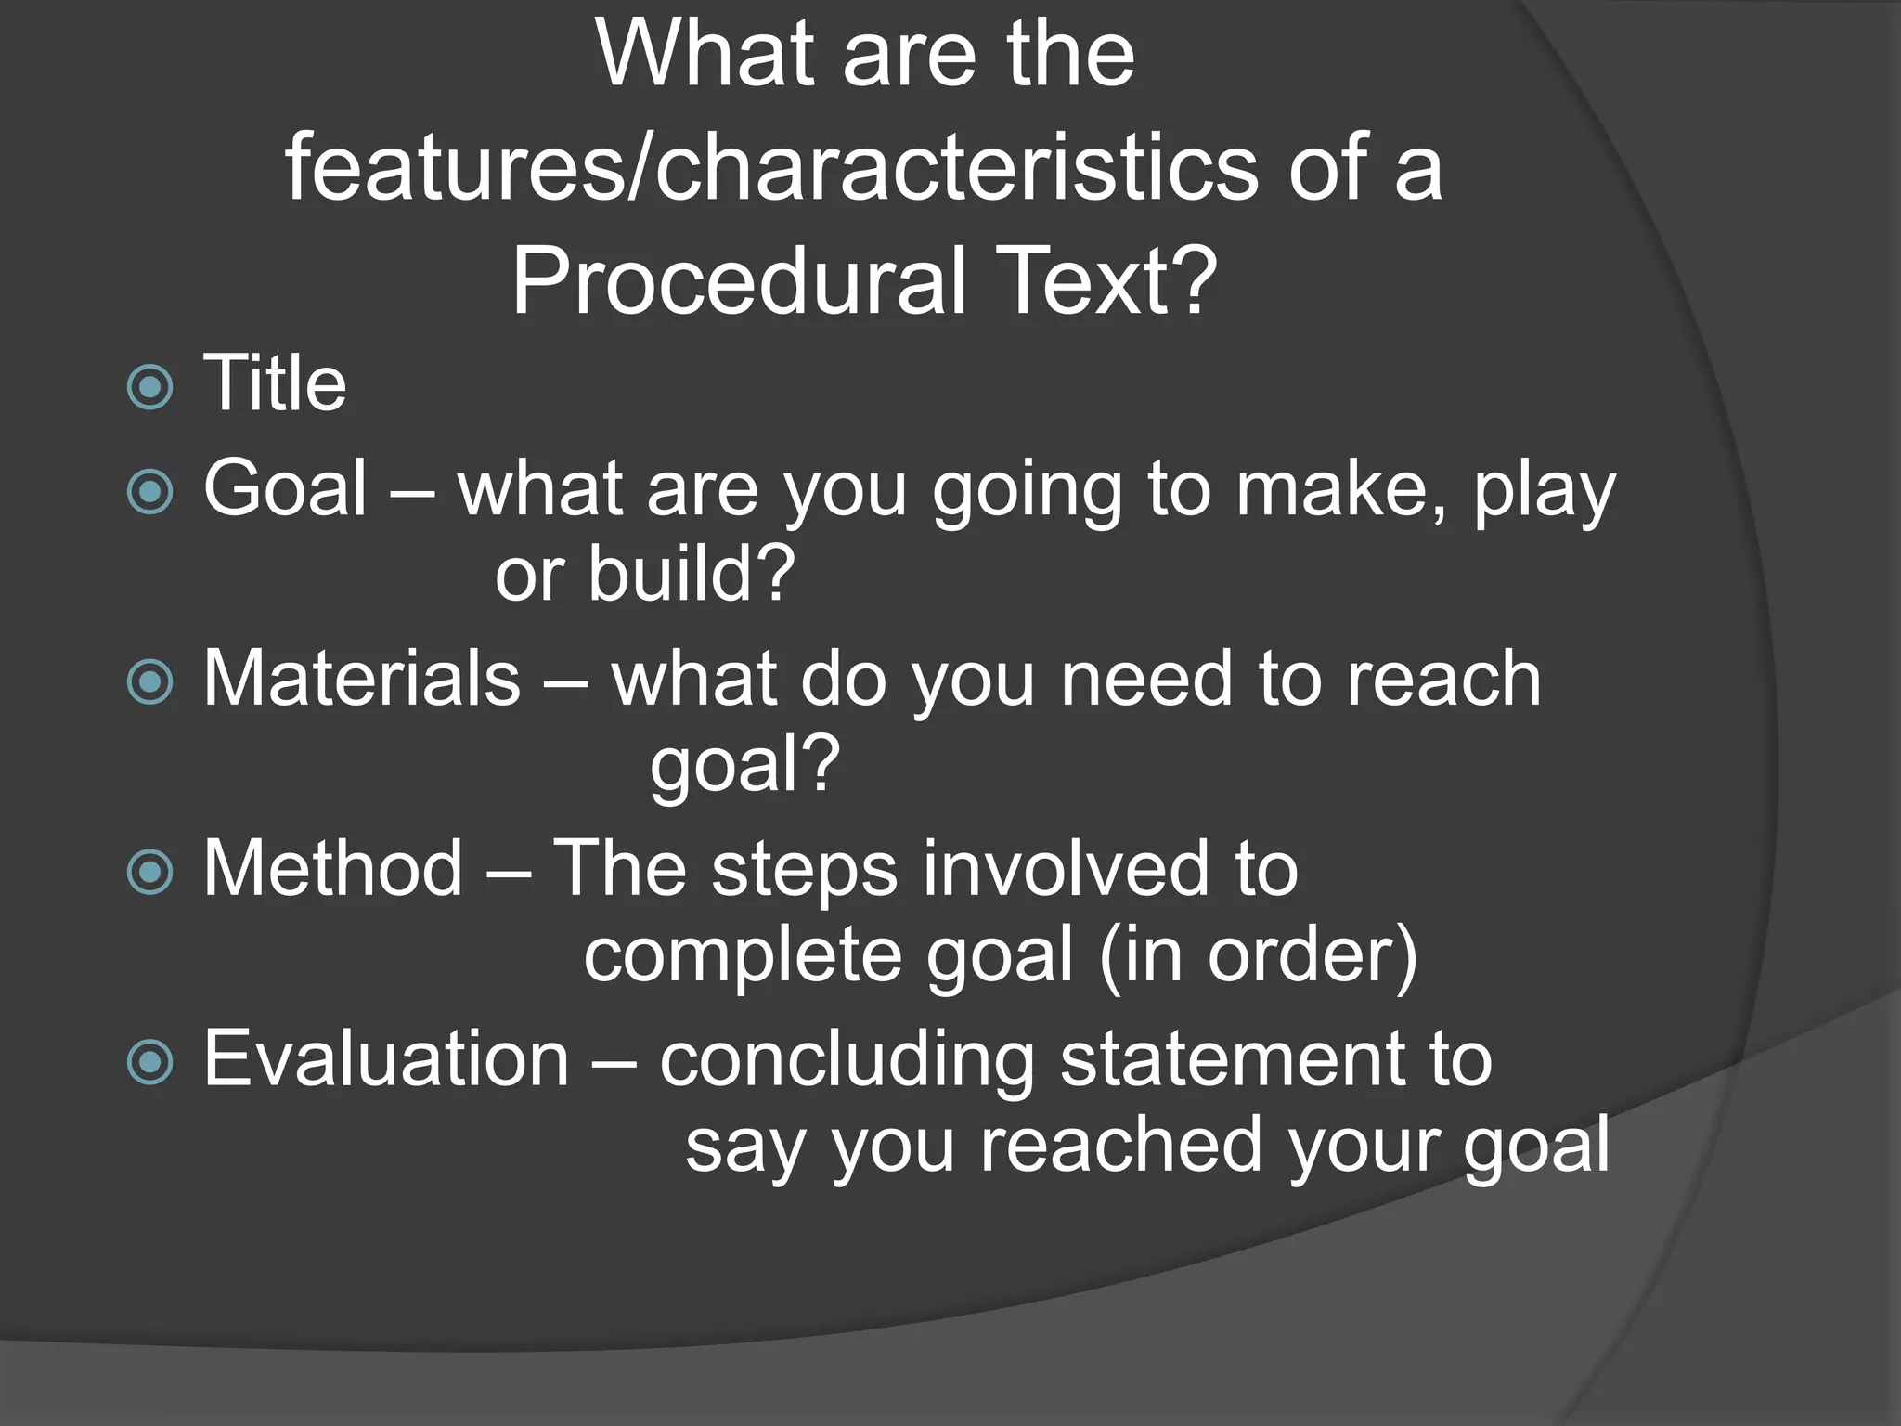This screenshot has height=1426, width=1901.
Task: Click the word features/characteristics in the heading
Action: pyautogui.click(x=771, y=167)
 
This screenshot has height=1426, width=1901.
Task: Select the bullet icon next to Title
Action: pyautogui.click(x=150, y=386)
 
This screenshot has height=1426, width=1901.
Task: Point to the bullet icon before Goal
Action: pyautogui.click(x=150, y=492)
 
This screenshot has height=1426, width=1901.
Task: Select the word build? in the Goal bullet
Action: pyautogui.click(x=692, y=574)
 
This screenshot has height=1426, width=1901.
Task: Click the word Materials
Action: pyautogui.click(x=362, y=679)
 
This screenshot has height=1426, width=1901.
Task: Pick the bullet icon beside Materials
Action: pyautogui.click(x=150, y=682)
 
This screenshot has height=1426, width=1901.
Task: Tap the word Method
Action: pyautogui.click(x=332, y=868)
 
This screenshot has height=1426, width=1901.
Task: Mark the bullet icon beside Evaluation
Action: pyautogui.click(x=150, y=1062)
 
